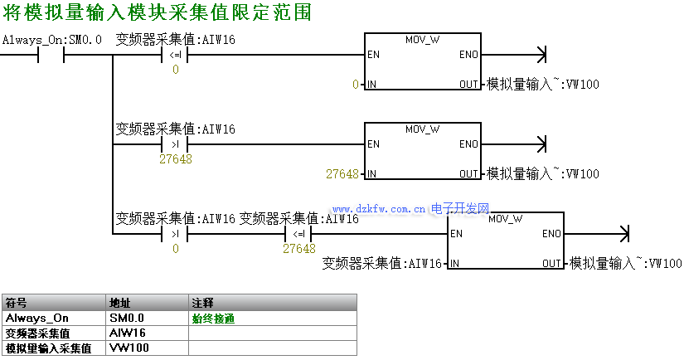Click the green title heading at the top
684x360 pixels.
(157, 14)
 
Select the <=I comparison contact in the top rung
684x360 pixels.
(175, 56)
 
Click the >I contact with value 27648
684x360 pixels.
(175, 145)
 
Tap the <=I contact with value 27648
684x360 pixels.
(298, 234)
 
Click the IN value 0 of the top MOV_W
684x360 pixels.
(356, 85)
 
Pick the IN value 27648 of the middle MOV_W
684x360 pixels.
(342, 174)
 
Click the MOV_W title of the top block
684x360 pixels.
(422, 40)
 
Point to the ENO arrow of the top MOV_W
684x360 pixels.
(542, 56)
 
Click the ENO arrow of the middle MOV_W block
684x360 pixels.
(542, 145)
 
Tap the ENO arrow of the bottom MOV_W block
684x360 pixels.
(625, 234)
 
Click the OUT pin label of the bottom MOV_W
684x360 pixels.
(552, 264)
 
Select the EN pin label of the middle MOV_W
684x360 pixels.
(373, 144)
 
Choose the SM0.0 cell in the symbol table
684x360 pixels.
(127, 318)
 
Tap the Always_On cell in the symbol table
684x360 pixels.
(37, 318)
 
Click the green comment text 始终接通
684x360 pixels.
(214, 318)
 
